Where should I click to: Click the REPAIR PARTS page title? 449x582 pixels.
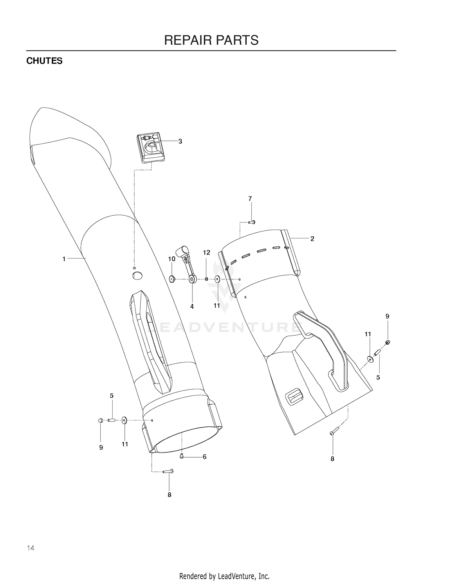[x=211, y=40]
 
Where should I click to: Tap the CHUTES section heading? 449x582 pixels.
[x=44, y=61]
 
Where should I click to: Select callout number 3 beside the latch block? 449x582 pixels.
[x=180, y=141]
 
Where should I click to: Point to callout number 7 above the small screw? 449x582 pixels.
[x=250, y=198]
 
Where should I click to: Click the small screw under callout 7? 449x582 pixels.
[x=251, y=222]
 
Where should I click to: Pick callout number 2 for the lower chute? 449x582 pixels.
[x=312, y=239]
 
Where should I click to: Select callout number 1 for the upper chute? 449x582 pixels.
[x=64, y=259]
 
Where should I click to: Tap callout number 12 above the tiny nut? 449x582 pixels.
[x=207, y=252]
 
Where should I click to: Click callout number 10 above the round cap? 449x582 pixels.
[x=172, y=259]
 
